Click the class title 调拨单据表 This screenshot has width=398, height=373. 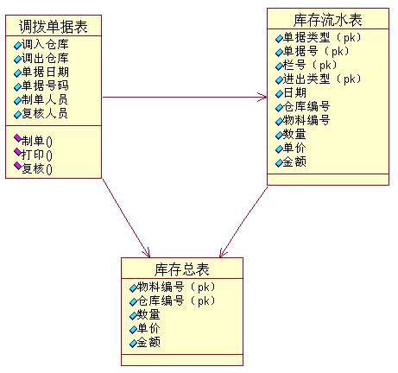pos(54,26)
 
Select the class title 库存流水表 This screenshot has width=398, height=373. pos(328,20)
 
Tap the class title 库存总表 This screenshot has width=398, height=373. pos(182,269)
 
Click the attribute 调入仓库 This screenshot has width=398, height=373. pos(45,44)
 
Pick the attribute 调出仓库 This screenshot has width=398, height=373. pos(45,58)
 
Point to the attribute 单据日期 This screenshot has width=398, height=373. pos(45,72)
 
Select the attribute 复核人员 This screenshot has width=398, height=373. pos(45,113)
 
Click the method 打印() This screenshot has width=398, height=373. pos(37,155)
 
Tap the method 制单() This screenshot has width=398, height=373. pos(37,142)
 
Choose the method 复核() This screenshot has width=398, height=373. pos(37,169)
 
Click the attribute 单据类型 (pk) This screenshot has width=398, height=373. pos(322,37)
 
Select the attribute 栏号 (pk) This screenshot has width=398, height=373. pos(310,65)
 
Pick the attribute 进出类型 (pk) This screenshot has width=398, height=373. pos(322,79)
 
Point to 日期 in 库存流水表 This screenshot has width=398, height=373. pos(294,92)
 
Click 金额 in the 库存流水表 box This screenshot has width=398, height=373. pos(294,162)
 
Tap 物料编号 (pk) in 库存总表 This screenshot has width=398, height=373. pos(176,287)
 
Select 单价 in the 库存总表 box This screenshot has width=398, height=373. pos(148,328)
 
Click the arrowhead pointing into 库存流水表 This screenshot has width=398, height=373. pos(263,98)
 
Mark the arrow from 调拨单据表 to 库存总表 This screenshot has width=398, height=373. pos(126,218)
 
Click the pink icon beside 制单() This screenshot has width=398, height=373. pos(18,138)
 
